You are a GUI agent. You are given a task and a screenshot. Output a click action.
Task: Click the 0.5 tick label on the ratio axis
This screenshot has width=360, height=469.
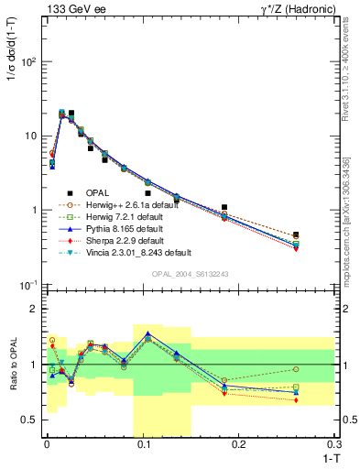pos(27,420)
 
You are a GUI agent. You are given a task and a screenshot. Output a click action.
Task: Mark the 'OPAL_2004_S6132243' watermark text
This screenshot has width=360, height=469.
pos(190,274)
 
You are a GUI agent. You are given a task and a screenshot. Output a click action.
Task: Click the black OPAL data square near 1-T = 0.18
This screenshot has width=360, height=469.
pos(224,208)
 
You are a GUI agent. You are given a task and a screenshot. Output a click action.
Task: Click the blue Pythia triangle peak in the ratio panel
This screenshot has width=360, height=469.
pos(147,333)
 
